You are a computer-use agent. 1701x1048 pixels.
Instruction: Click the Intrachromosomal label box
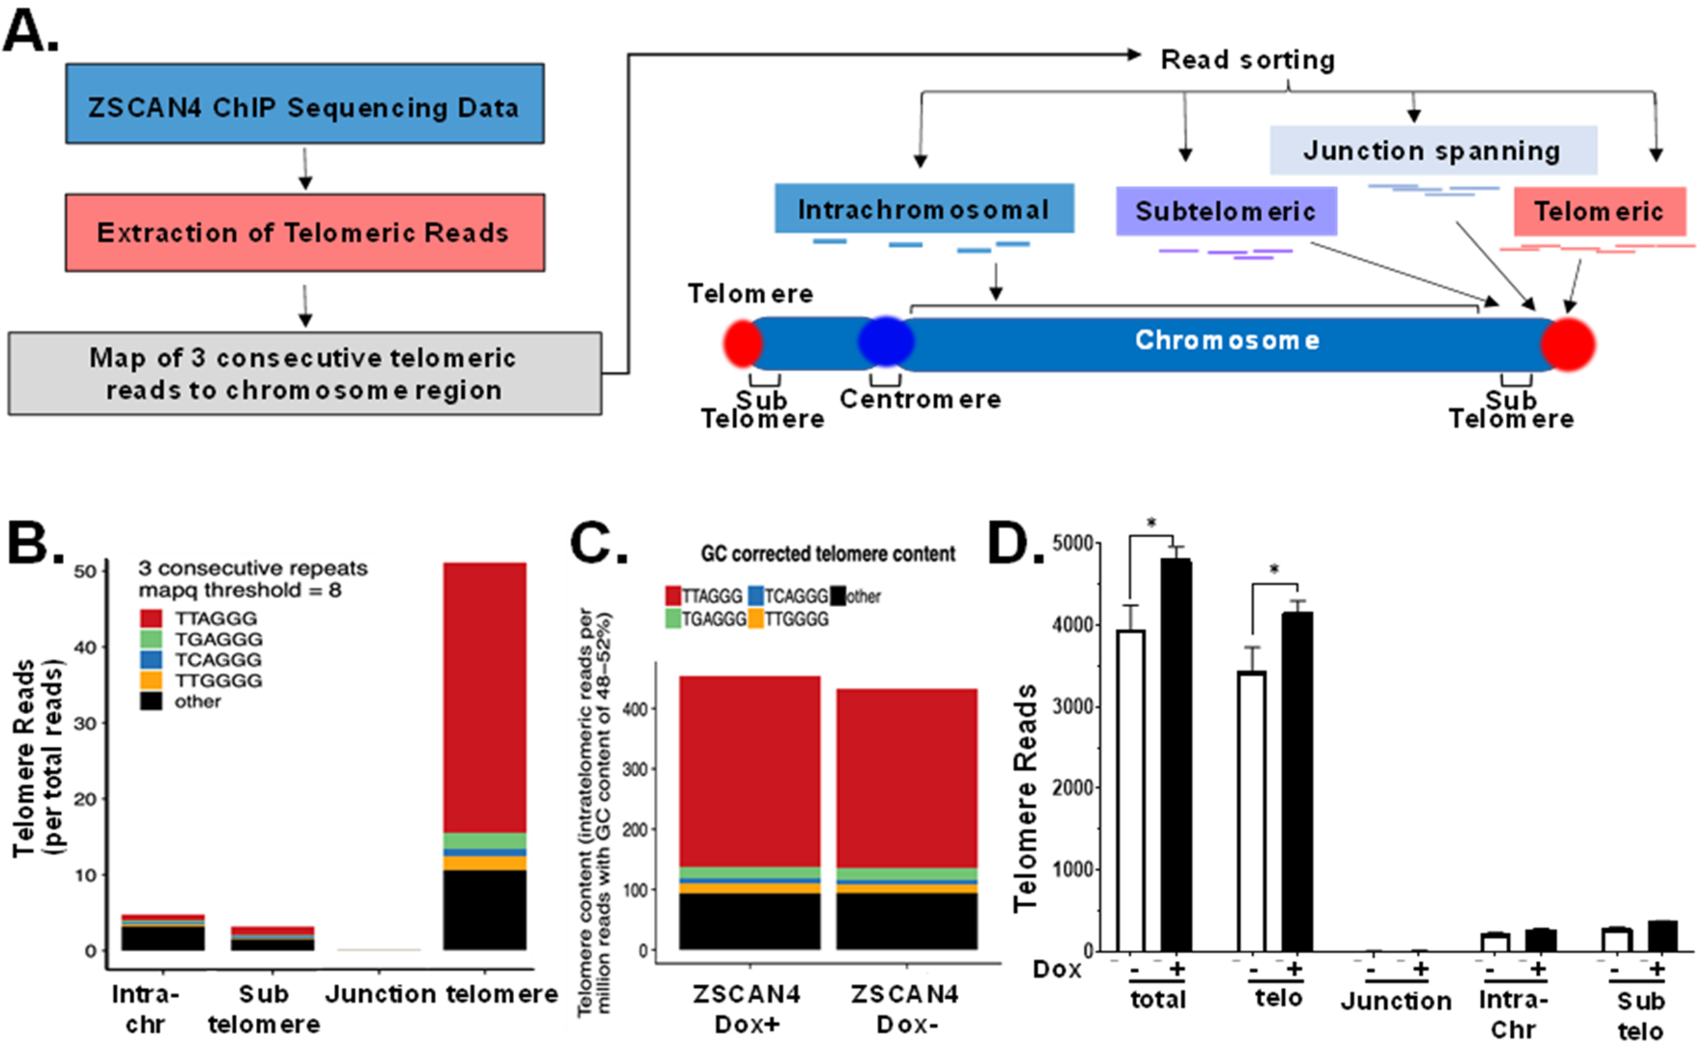(924, 208)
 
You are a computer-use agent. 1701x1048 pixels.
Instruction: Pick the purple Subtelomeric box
(1225, 211)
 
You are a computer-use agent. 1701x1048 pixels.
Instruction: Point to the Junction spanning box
(1433, 151)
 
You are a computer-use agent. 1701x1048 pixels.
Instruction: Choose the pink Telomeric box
(1599, 211)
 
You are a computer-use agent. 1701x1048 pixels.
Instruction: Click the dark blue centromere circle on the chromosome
(886, 341)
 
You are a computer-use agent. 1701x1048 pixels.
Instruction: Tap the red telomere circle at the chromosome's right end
(1568, 344)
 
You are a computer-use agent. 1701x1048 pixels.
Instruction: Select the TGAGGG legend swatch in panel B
(151, 638)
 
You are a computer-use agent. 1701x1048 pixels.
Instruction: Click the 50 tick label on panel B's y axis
(84, 572)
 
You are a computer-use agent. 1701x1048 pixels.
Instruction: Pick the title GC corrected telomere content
(828, 554)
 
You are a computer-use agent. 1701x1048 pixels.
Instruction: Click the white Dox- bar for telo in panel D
(1251, 811)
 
